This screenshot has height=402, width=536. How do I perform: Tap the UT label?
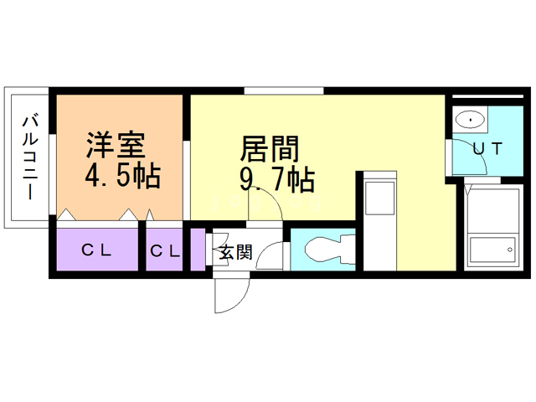[487, 150]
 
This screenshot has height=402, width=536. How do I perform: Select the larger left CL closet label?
[98, 250]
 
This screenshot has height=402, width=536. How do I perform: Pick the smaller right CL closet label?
[165, 250]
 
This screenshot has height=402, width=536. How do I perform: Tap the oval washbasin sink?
[472, 121]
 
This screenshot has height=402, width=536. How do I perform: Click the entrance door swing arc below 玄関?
[231, 293]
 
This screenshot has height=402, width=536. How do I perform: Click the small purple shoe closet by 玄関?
[198, 250]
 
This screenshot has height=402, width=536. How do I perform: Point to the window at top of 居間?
[284, 90]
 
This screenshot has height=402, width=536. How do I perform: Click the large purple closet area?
[96, 250]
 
